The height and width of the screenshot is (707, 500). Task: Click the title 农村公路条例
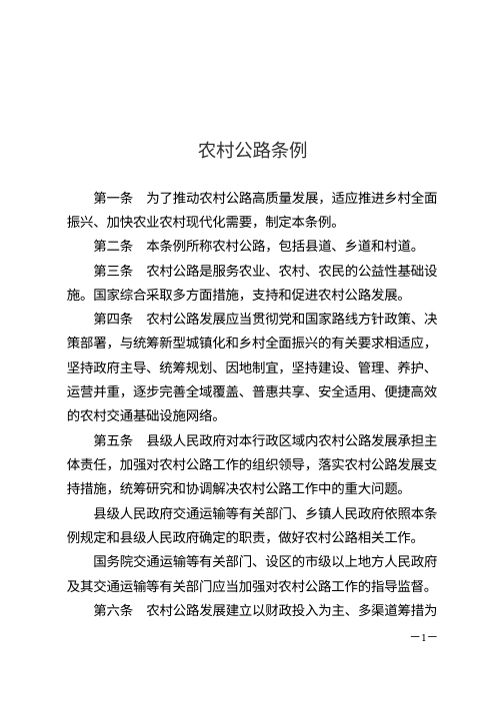pos(250,151)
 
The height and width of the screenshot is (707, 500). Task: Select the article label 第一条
pos(113,201)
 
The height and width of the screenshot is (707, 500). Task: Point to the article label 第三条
pos(113,272)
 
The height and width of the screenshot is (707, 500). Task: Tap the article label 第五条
pos(113,440)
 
